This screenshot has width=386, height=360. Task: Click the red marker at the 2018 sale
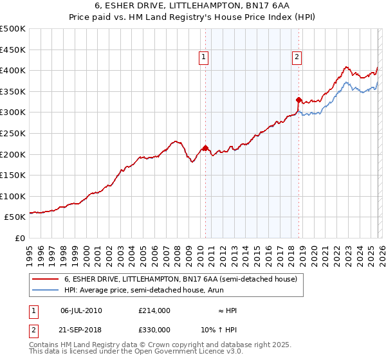[x=299, y=100]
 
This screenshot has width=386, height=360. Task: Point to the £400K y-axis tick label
[x=13, y=70]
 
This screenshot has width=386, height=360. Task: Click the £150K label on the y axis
[x=13, y=175]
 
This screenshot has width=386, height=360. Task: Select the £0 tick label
[x=19, y=238]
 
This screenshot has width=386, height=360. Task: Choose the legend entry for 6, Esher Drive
[x=180, y=279]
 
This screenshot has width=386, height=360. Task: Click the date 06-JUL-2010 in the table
[x=81, y=310]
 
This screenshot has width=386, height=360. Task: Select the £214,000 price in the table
[x=154, y=310]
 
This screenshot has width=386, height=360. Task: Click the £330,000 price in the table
[x=154, y=329]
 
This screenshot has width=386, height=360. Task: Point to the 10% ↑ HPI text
[x=219, y=329]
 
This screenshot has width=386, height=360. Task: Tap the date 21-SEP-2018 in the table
[x=81, y=329]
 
